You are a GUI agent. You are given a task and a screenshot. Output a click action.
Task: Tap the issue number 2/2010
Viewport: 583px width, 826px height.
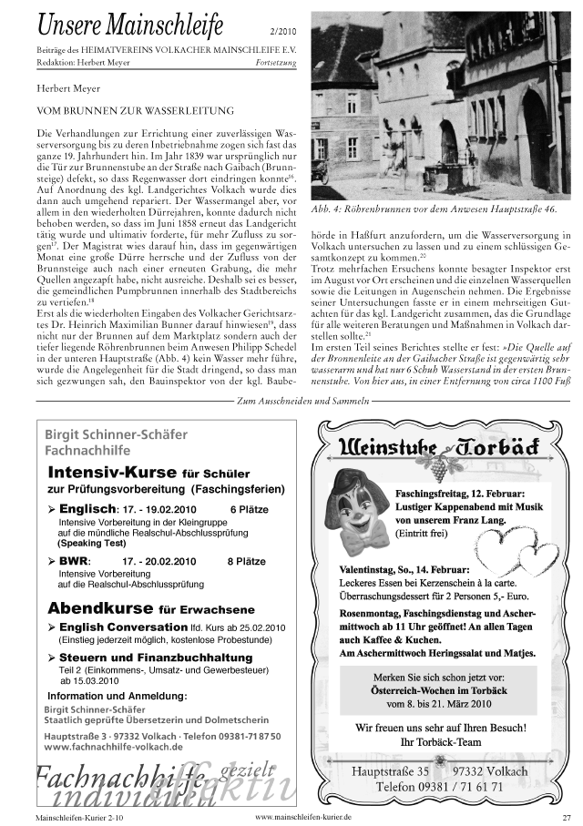coord(282,31)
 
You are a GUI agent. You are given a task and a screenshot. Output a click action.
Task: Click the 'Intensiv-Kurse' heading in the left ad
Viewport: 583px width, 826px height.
coord(112,473)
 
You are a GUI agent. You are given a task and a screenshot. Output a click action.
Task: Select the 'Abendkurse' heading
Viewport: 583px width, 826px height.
coord(101,607)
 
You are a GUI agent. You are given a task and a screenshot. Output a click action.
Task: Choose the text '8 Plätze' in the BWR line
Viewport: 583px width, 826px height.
coord(246,562)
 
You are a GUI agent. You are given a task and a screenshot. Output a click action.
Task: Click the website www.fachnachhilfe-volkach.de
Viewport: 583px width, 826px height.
coord(113,746)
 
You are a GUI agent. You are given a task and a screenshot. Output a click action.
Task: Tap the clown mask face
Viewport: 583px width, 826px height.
coord(358,513)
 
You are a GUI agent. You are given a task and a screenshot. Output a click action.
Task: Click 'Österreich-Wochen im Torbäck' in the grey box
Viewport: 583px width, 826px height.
coord(439,690)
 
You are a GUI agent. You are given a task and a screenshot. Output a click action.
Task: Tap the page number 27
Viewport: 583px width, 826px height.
coord(566,817)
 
